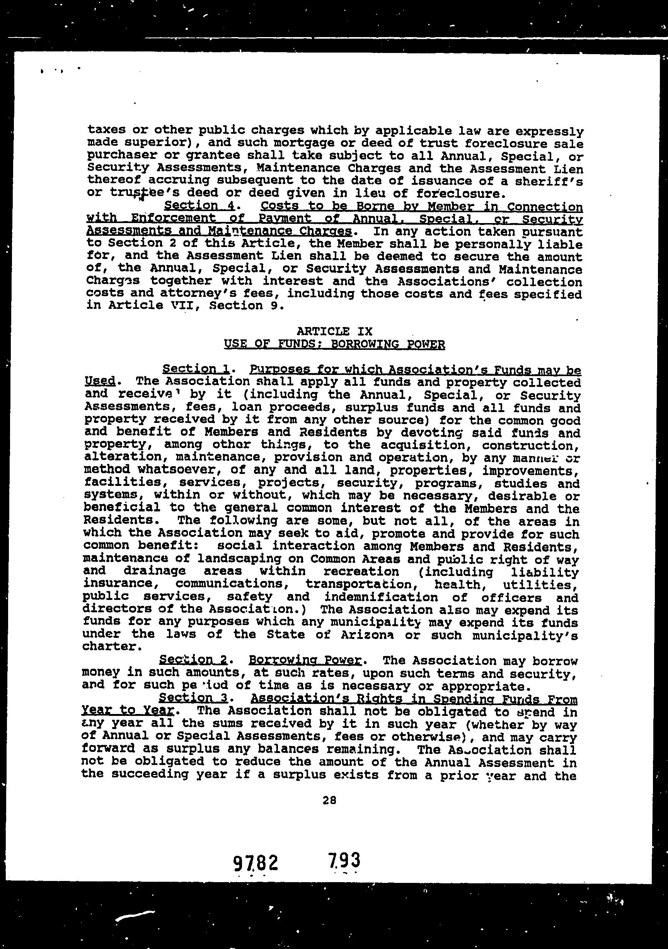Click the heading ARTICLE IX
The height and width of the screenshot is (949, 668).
334,331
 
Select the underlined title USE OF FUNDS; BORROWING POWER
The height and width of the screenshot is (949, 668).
334,344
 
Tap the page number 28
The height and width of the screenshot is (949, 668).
329,801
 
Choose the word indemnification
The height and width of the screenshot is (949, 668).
381,597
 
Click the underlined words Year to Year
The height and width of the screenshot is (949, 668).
127,710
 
